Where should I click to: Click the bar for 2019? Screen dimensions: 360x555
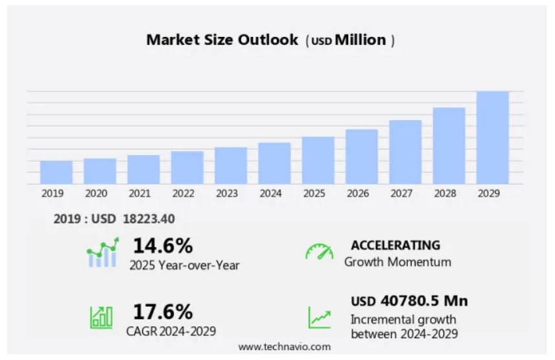(56, 172)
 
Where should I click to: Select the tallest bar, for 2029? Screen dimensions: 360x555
(493, 138)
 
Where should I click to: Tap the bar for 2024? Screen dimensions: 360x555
(274, 163)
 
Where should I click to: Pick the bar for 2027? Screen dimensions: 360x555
(405, 152)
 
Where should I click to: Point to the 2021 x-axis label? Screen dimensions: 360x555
(139, 193)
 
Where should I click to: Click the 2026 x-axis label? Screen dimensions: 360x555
(357, 193)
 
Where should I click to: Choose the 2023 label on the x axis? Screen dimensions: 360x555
(226, 193)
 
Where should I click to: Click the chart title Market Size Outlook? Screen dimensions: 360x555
(222, 40)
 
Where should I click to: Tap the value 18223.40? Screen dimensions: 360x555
(148, 219)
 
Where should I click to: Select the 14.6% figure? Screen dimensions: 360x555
(163, 246)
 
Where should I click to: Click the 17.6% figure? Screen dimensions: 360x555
(163, 311)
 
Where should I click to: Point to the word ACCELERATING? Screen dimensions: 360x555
(395, 245)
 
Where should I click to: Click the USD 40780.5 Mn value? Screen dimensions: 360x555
(409, 301)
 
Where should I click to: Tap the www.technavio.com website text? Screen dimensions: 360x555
(284, 347)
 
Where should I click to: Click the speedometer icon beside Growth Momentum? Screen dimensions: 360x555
(319, 252)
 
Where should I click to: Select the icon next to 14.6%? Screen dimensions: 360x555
(102, 253)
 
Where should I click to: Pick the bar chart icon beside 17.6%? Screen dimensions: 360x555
(101, 317)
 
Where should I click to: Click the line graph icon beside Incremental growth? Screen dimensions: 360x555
(319, 317)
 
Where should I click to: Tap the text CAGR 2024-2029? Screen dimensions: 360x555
(171, 331)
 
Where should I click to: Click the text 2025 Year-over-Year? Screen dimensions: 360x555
(184, 265)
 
